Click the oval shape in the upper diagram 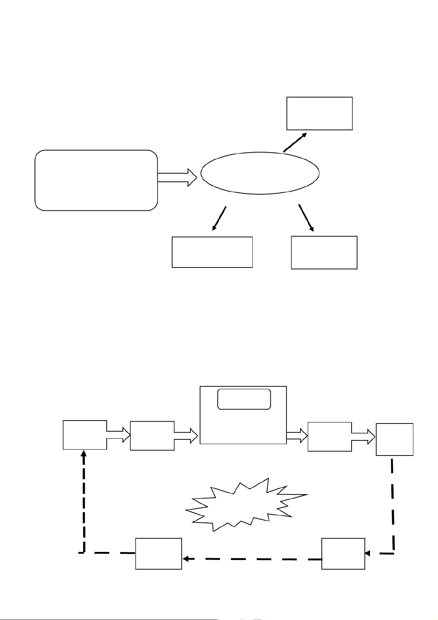[260, 173]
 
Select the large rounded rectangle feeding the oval [96, 180]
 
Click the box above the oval [320, 113]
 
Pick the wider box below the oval [212, 252]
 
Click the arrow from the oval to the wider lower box [219, 219]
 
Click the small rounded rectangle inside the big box [244, 399]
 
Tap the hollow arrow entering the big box [186, 436]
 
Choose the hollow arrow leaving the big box [297, 436]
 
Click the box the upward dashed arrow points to [85, 435]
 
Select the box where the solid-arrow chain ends [395, 439]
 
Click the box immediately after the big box [330, 437]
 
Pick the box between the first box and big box [152, 436]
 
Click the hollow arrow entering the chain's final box [364, 437]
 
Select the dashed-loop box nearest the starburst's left [159, 554]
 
